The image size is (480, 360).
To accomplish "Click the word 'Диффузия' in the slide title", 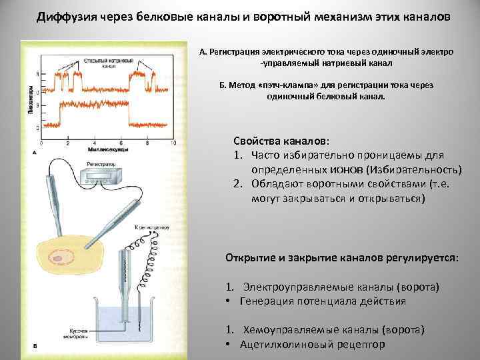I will click(67, 16).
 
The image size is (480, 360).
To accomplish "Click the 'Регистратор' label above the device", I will click(101, 163).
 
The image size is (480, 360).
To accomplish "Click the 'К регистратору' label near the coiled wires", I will click(152, 228).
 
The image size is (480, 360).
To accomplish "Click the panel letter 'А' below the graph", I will click(33, 153).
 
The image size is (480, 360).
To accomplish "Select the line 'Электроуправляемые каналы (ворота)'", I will click(341, 287).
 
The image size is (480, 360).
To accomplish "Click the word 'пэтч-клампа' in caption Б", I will click(280, 85).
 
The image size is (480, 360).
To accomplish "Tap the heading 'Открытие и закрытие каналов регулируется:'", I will click(342, 257).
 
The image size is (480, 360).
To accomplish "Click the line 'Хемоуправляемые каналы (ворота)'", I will click(333, 330).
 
